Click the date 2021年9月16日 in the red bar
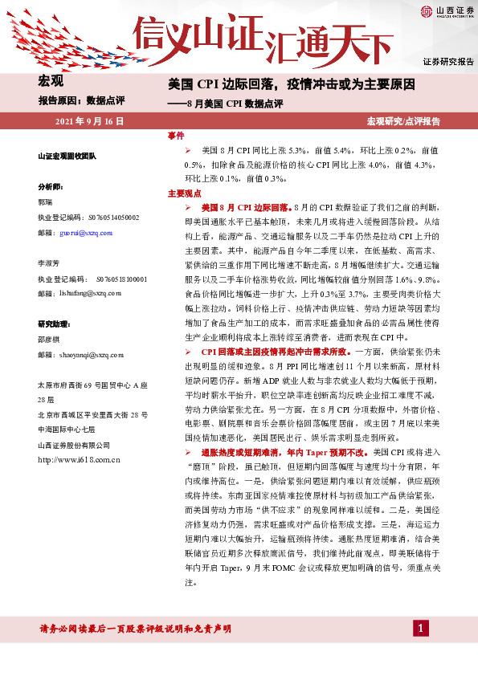[89, 122]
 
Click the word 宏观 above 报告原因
[51, 80]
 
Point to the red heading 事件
[176, 135]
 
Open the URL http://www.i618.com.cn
[79, 459]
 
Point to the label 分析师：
[51, 185]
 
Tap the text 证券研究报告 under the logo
[448, 62]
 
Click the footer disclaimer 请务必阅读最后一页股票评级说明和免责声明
[135, 628]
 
